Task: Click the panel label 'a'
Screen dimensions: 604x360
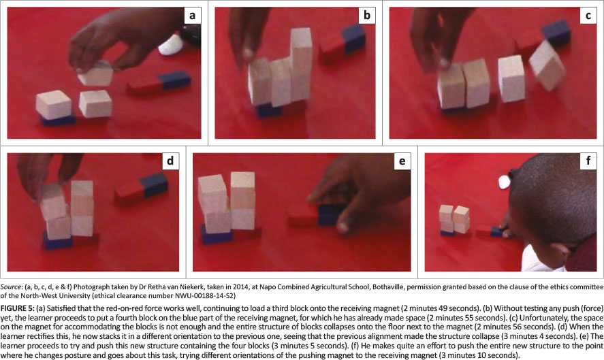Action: click(192, 16)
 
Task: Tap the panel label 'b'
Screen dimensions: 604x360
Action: click(367, 16)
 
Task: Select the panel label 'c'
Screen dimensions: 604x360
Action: click(588, 16)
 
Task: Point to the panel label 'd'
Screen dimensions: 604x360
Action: click(170, 161)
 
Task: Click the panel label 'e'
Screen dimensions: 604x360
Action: click(402, 161)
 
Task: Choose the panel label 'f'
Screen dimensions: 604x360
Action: click(588, 161)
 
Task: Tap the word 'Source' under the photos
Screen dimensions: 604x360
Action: click(10, 287)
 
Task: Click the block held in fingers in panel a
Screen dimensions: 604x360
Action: click(95, 76)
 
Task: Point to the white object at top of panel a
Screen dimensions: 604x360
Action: click(171, 46)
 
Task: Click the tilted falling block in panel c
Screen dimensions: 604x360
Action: click(547, 66)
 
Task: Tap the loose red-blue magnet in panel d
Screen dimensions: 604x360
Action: click(142, 189)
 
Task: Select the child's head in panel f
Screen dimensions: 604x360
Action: click(552, 200)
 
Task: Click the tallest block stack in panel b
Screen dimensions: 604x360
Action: click(301, 65)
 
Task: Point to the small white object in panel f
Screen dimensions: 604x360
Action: click(504, 182)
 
